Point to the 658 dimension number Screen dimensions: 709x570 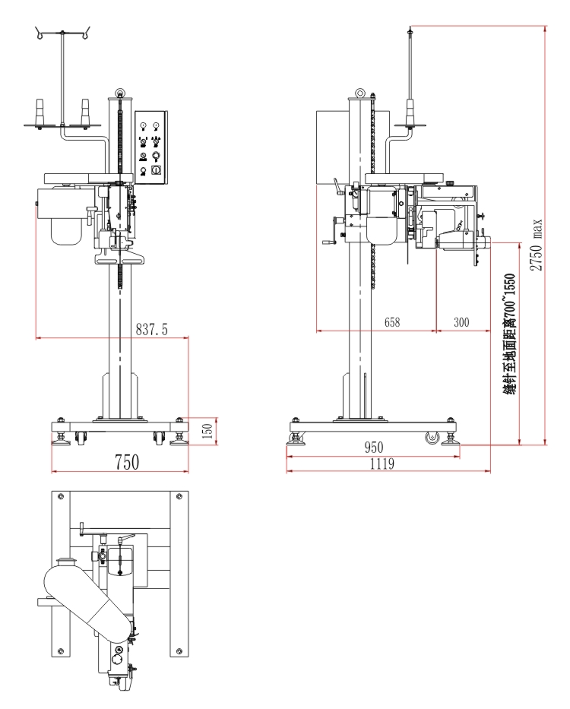392,321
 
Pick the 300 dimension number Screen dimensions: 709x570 461,321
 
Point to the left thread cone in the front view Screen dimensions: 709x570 39,112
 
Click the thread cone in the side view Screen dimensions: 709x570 410,114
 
